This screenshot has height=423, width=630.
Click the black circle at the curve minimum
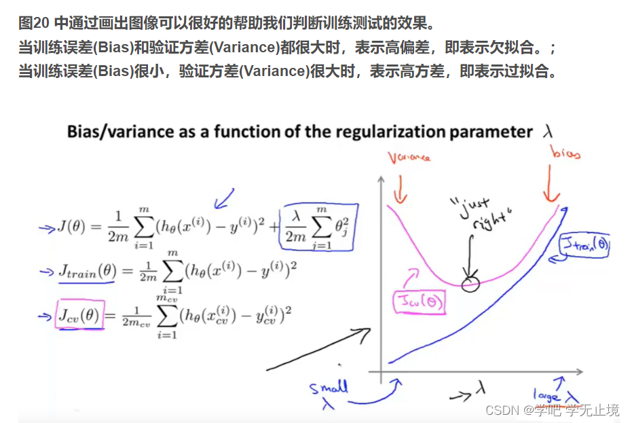[x=470, y=284]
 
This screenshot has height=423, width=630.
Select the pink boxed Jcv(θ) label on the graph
[x=420, y=301]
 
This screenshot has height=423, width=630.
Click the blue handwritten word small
[x=329, y=388]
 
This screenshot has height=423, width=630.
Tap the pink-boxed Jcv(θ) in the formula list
[x=80, y=315]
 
